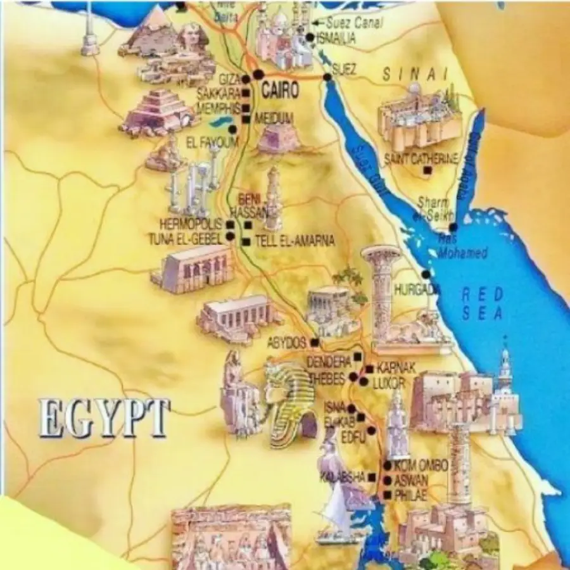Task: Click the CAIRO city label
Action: tap(279, 90)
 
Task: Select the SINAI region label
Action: tap(415, 75)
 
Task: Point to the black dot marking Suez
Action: tap(327, 77)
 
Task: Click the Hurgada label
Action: tap(417, 289)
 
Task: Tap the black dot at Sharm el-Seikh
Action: tap(452, 226)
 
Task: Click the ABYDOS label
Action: tap(288, 343)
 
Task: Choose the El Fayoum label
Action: tap(211, 143)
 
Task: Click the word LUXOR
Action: tap(388, 383)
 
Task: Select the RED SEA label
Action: tap(482, 303)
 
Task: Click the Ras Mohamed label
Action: tap(462, 248)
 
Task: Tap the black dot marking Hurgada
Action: tap(426, 274)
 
